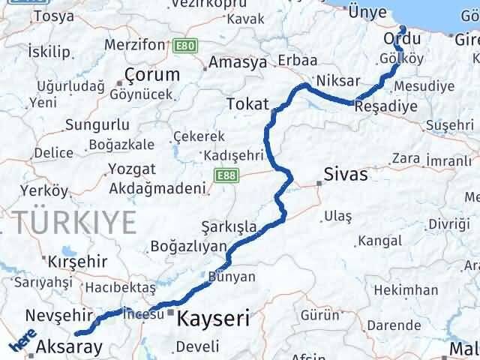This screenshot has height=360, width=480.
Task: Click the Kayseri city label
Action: coord(213,319)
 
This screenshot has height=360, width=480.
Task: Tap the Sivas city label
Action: coord(346,175)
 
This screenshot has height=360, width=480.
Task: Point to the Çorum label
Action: coord(153,75)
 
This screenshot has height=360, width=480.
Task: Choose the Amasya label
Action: coord(238,62)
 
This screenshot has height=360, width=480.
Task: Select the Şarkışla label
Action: coord(229,226)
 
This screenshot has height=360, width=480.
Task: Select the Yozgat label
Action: coord(132,168)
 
